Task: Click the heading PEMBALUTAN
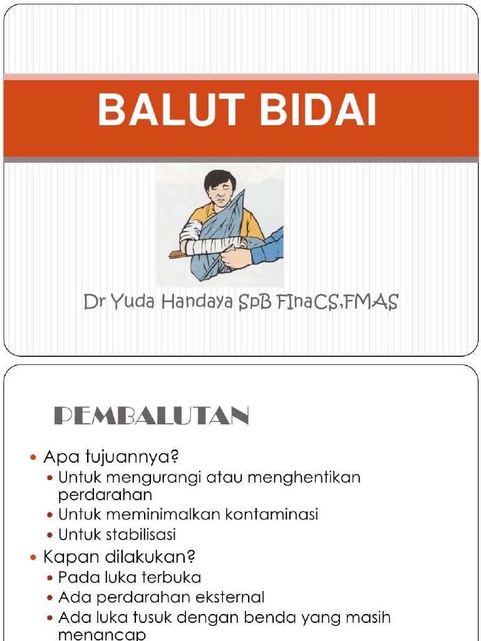click(151, 416)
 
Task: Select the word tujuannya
click(137, 456)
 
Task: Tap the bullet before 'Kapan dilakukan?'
click(34, 556)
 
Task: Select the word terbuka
click(169, 577)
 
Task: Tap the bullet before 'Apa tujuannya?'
click(34, 458)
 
